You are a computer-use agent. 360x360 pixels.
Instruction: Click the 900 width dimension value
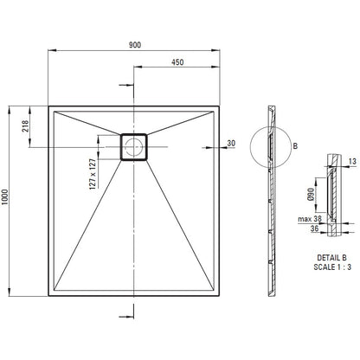[135, 45]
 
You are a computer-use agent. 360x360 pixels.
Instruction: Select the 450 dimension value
[177, 62]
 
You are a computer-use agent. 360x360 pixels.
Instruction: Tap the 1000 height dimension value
[5, 197]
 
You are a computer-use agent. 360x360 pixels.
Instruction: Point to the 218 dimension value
[25, 126]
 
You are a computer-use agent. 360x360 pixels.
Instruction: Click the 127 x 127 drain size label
[93, 174]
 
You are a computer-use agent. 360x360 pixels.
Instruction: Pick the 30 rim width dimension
[231, 143]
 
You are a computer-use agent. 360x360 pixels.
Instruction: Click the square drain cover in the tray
[133, 147]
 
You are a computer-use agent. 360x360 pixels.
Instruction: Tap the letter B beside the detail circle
[295, 146]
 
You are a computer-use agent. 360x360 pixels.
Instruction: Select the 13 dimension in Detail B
[352, 161]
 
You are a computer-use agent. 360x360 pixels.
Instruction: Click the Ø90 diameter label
[311, 195]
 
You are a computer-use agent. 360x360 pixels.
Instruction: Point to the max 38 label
[310, 219]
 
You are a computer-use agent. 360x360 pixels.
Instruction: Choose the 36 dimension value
[314, 228]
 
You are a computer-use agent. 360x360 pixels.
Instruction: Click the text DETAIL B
[332, 258]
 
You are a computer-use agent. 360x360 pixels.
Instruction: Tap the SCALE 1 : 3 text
[332, 267]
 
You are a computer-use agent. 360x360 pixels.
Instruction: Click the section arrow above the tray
[126, 85]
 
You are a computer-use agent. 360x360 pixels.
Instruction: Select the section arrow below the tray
[126, 317]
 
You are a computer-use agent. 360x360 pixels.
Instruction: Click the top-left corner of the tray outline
[48, 106]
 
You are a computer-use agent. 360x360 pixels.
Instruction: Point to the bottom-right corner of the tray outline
[220, 296]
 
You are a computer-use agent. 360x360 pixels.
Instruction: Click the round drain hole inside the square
[133, 147]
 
